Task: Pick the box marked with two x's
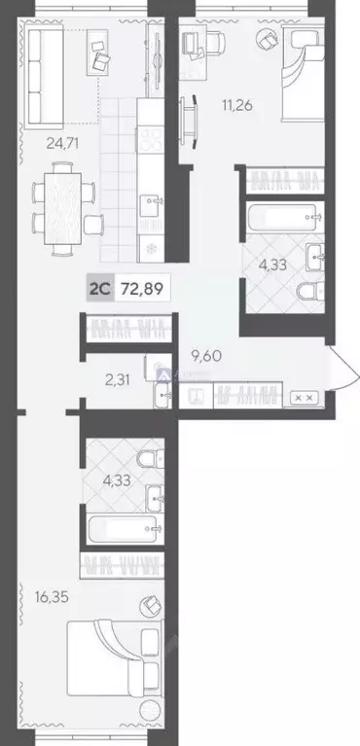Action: pyautogui.click(x=303, y=398)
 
